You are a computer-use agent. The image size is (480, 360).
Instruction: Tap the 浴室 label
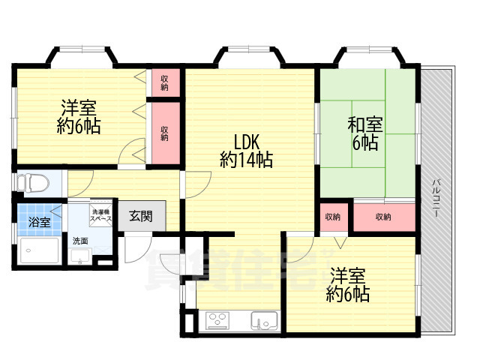[x=40, y=222]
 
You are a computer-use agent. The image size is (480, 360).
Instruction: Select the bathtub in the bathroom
[x=40, y=252]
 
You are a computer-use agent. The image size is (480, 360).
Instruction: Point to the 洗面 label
[x=79, y=241]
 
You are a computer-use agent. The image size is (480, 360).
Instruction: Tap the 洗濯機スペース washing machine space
[x=101, y=213]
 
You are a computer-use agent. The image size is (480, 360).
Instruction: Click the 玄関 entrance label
[x=140, y=217]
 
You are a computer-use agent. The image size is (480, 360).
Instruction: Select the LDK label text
[x=247, y=142]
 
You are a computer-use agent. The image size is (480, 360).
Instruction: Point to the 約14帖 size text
[x=246, y=160]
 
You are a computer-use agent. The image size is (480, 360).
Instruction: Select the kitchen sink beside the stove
[x=264, y=321]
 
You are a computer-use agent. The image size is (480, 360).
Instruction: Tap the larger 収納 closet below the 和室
[x=383, y=217]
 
